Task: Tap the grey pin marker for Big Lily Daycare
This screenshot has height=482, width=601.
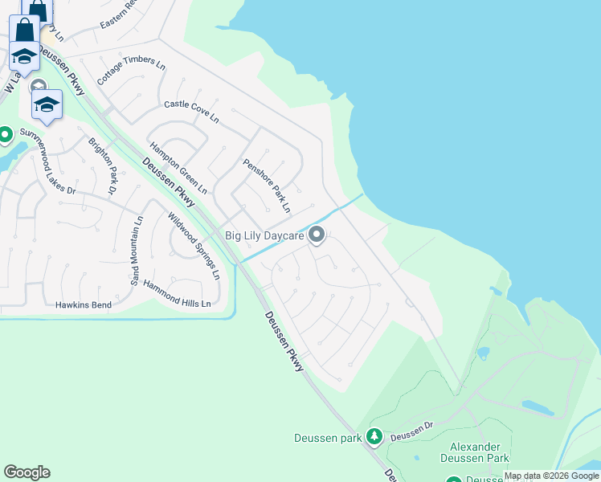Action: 317,235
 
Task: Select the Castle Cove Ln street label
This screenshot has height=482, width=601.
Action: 191,112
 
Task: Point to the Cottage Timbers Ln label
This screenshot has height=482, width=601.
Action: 130,73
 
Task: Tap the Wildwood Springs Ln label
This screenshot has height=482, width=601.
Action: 194,245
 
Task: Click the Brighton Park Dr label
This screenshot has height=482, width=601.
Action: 103,165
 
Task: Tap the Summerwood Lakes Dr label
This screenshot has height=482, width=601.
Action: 47,161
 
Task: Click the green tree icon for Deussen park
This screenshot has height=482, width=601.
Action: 374,436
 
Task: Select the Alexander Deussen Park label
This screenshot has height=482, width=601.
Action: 474,452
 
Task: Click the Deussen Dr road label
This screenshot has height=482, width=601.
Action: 412,434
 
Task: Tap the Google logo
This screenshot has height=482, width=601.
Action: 27,472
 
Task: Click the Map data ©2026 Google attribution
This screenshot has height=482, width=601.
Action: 551,476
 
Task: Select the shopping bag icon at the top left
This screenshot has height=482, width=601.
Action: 25,30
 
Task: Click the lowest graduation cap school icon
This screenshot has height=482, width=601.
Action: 47,104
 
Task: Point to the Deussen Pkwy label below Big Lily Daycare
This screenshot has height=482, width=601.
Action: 284,341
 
